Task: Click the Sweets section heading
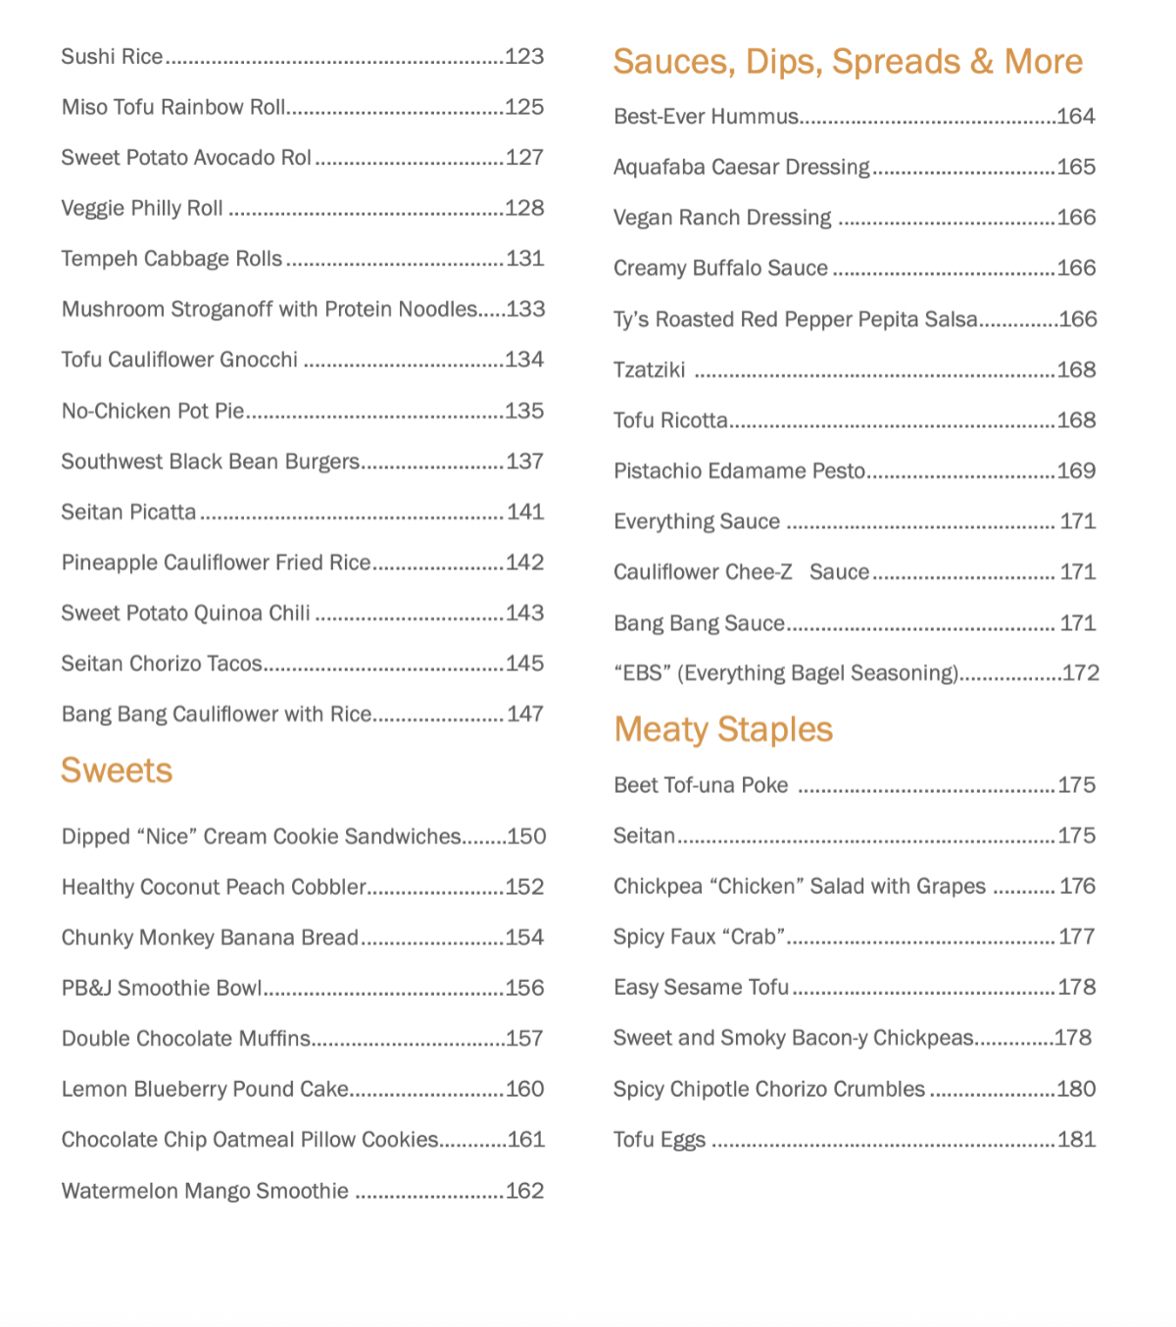[x=117, y=770]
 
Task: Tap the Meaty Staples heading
[x=723, y=729]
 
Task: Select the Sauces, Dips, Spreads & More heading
[x=848, y=62]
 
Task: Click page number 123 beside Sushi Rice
[x=524, y=57]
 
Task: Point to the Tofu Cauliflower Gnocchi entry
[x=179, y=360]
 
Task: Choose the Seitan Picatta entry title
[x=128, y=512]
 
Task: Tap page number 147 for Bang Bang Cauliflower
[x=525, y=714]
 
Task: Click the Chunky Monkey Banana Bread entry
[x=210, y=938]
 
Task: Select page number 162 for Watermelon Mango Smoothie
[x=524, y=1191]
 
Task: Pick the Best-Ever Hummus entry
[x=706, y=117]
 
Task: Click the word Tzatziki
[x=649, y=370]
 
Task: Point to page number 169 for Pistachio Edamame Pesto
[x=1076, y=471]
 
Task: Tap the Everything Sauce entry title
[x=697, y=521]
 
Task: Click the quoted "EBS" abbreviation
[x=642, y=673]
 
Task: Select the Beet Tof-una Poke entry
[x=701, y=785]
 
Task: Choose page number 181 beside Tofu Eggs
[x=1076, y=1140]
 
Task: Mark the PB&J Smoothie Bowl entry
[x=162, y=988]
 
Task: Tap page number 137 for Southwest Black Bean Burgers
[x=524, y=462]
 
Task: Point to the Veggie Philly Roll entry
[x=142, y=209]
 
